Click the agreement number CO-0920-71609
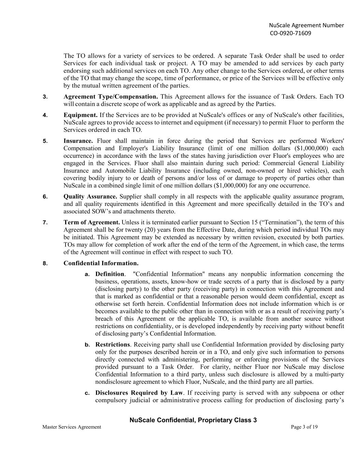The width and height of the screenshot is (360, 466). point(290,33)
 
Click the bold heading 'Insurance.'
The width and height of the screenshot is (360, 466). point(78,141)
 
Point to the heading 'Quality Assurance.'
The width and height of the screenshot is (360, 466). point(90,197)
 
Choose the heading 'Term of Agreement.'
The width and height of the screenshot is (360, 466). point(92,223)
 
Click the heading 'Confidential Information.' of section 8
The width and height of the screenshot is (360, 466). point(101,263)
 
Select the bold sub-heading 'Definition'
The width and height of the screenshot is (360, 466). point(110,274)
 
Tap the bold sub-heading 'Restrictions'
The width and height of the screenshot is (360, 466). point(113,345)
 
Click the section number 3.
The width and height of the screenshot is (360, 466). point(45,97)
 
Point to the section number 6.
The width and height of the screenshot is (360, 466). point(45,197)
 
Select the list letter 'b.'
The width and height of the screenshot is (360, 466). point(87,345)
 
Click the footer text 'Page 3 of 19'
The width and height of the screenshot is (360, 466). point(304,427)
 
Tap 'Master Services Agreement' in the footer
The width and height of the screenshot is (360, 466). point(72,427)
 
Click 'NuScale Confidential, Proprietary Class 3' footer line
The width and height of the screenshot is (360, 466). point(193,420)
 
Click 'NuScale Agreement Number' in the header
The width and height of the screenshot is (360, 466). point(306,25)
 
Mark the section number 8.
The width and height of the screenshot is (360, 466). point(45,264)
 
